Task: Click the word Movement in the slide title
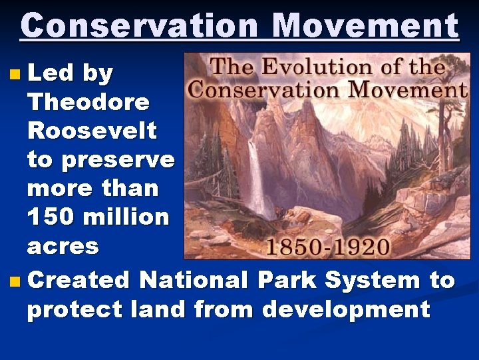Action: click(x=365, y=27)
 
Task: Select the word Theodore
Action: click(x=88, y=102)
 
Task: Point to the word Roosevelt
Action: click(x=92, y=131)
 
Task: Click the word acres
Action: click(x=63, y=246)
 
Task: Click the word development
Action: click(x=345, y=310)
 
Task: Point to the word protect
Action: click(x=75, y=310)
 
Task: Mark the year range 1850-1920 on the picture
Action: click(x=327, y=247)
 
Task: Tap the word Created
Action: click(x=78, y=281)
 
